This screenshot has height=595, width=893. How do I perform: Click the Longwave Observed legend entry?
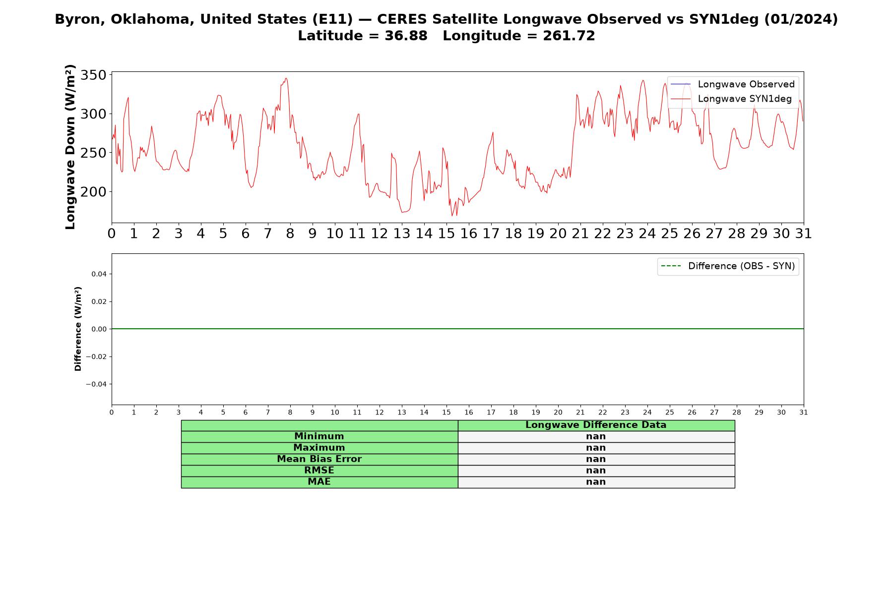(x=733, y=84)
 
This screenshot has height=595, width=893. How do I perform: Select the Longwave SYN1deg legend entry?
(x=731, y=99)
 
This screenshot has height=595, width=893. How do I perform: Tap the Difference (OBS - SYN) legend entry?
(x=728, y=266)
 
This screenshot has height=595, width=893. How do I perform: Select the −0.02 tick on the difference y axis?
(x=96, y=357)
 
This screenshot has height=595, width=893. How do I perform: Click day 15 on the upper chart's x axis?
(x=446, y=234)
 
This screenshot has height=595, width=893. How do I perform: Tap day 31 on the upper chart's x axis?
(x=804, y=234)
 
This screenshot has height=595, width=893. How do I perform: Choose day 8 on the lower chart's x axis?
(x=290, y=413)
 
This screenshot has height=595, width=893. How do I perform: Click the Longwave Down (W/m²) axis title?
(x=70, y=147)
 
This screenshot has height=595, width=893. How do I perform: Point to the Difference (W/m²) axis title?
(x=78, y=329)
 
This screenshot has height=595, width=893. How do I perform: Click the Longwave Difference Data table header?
(x=596, y=425)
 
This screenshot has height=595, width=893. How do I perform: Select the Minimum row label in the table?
(x=319, y=436)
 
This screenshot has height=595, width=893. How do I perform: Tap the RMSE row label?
(x=319, y=471)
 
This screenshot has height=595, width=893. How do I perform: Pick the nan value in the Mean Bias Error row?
(x=596, y=459)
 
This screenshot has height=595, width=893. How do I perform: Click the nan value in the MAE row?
(x=596, y=482)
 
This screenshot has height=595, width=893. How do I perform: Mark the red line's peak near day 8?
(x=286, y=78)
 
